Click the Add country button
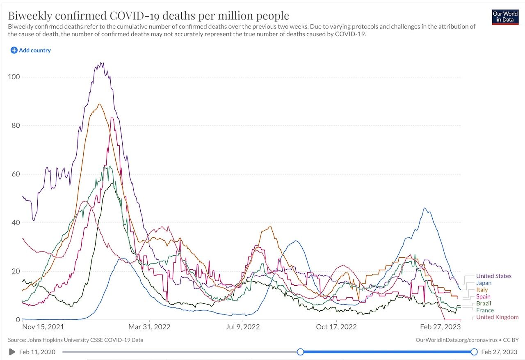(x=31, y=50)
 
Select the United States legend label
(x=493, y=276)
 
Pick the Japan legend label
(x=484, y=283)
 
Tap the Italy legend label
(x=482, y=290)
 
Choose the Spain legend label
(x=483, y=296)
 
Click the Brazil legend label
(x=484, y=303)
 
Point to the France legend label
(x=485, y=310)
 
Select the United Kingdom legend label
(x=497, y=317)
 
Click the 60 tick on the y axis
(x=15, y=174)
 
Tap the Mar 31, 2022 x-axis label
(x=150, y=327)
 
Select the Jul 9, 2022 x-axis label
(x=243, y=327)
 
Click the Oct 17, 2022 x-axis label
(x=336, y=327)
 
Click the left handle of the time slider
(x=300, y=352)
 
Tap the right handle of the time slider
(x=474, y=352)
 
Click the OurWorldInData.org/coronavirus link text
(x=456, y=340)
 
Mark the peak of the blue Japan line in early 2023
(x=425, y=208)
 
